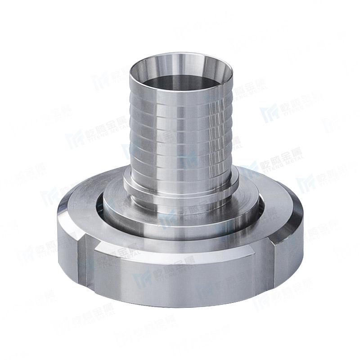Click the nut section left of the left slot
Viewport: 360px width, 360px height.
[x=67, y=238]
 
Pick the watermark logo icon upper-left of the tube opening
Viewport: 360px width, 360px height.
[x=99, y=81]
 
